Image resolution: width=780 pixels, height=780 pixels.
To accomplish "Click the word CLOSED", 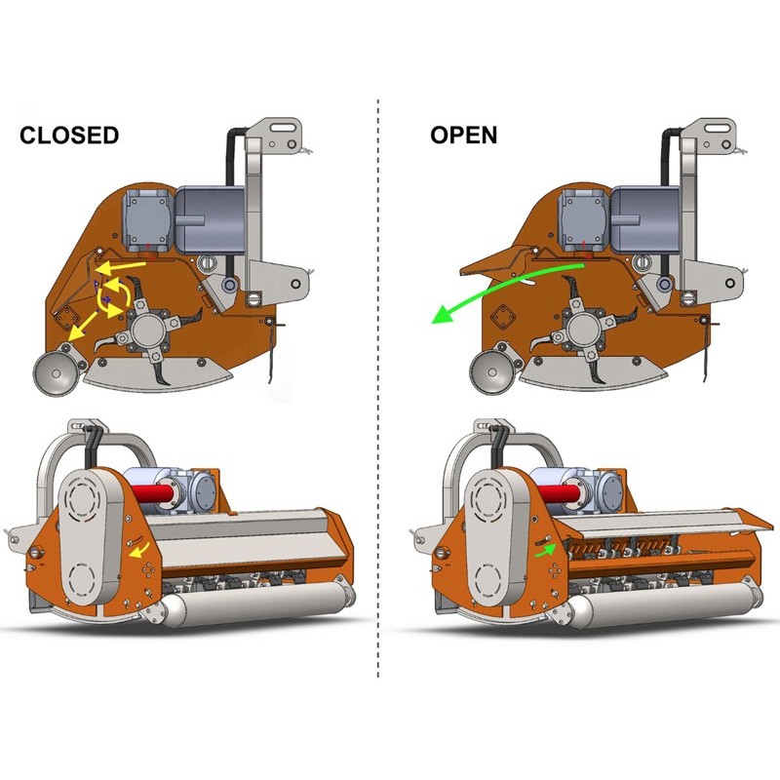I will pyautogui.click(x=69, y=136).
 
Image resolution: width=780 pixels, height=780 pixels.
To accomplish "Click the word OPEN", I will pyautogui.click(x=464, y=136).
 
